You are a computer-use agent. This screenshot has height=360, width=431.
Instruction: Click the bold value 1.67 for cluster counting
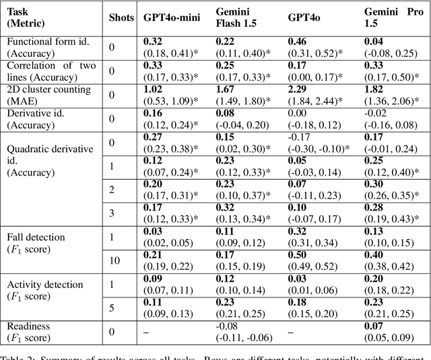tap(225, 89)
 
